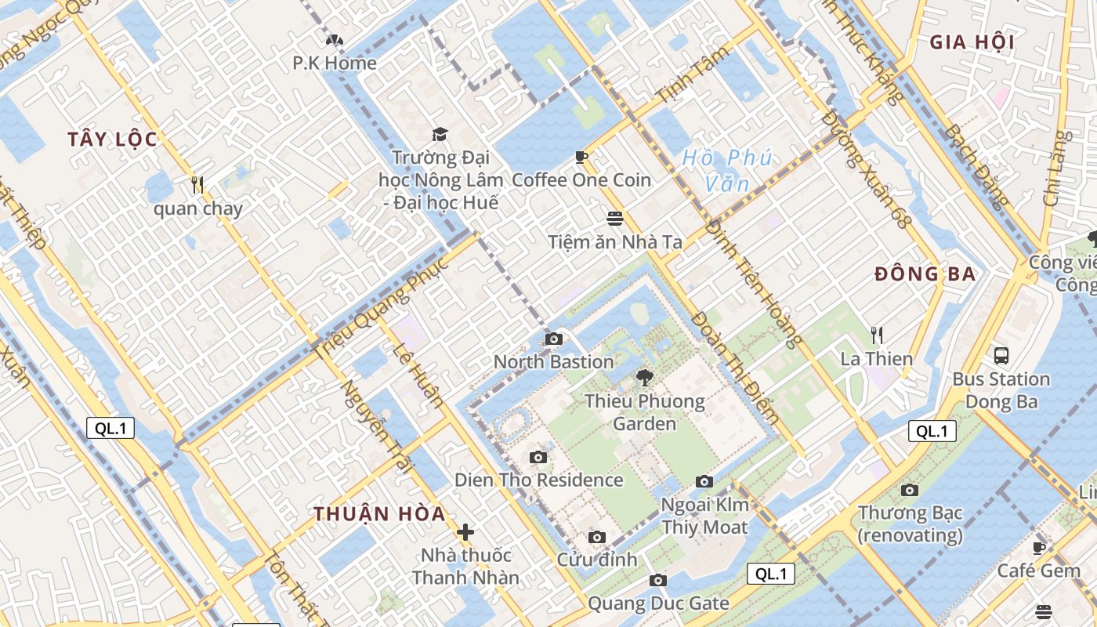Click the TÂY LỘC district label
112,140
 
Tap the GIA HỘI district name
972,42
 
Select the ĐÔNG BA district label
925,274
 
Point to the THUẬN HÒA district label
380,514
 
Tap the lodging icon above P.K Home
335,40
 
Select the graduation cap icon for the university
439,134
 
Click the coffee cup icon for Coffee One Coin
581,157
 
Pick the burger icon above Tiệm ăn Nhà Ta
615,218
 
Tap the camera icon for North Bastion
554,339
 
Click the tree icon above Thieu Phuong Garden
644,378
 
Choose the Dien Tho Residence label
539,480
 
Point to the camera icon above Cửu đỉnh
597,537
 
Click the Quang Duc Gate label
658,603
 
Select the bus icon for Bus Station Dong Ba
1001,356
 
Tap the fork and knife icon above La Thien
877,335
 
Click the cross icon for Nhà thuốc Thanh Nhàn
465,532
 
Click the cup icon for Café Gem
1039,548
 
